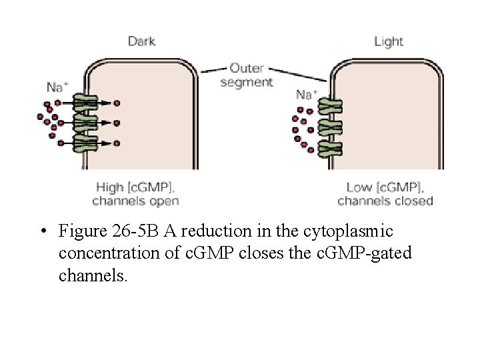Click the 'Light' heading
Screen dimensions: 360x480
point(389,42)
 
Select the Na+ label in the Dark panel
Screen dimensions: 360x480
point(57,87)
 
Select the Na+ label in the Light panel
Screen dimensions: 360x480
point(306,94)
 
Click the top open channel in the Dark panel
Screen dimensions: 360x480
point(84,103)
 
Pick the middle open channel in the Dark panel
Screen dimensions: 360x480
point(84,123)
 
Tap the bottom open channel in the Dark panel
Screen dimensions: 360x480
point(84,142)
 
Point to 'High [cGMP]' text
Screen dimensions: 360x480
point(137,187)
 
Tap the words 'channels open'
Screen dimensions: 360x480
point(135,200)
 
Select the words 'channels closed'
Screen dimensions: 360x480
point(385,200)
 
